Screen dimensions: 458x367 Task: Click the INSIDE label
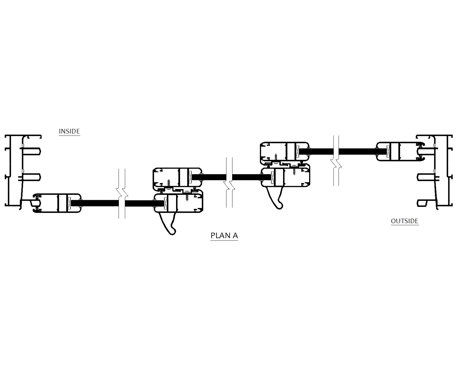[69, 131]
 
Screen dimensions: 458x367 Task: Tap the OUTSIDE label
[404, 221]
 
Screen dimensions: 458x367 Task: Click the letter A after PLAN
[235, 235]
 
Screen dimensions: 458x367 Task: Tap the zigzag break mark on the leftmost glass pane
[122, 194]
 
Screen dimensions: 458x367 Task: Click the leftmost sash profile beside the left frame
[57, 203]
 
